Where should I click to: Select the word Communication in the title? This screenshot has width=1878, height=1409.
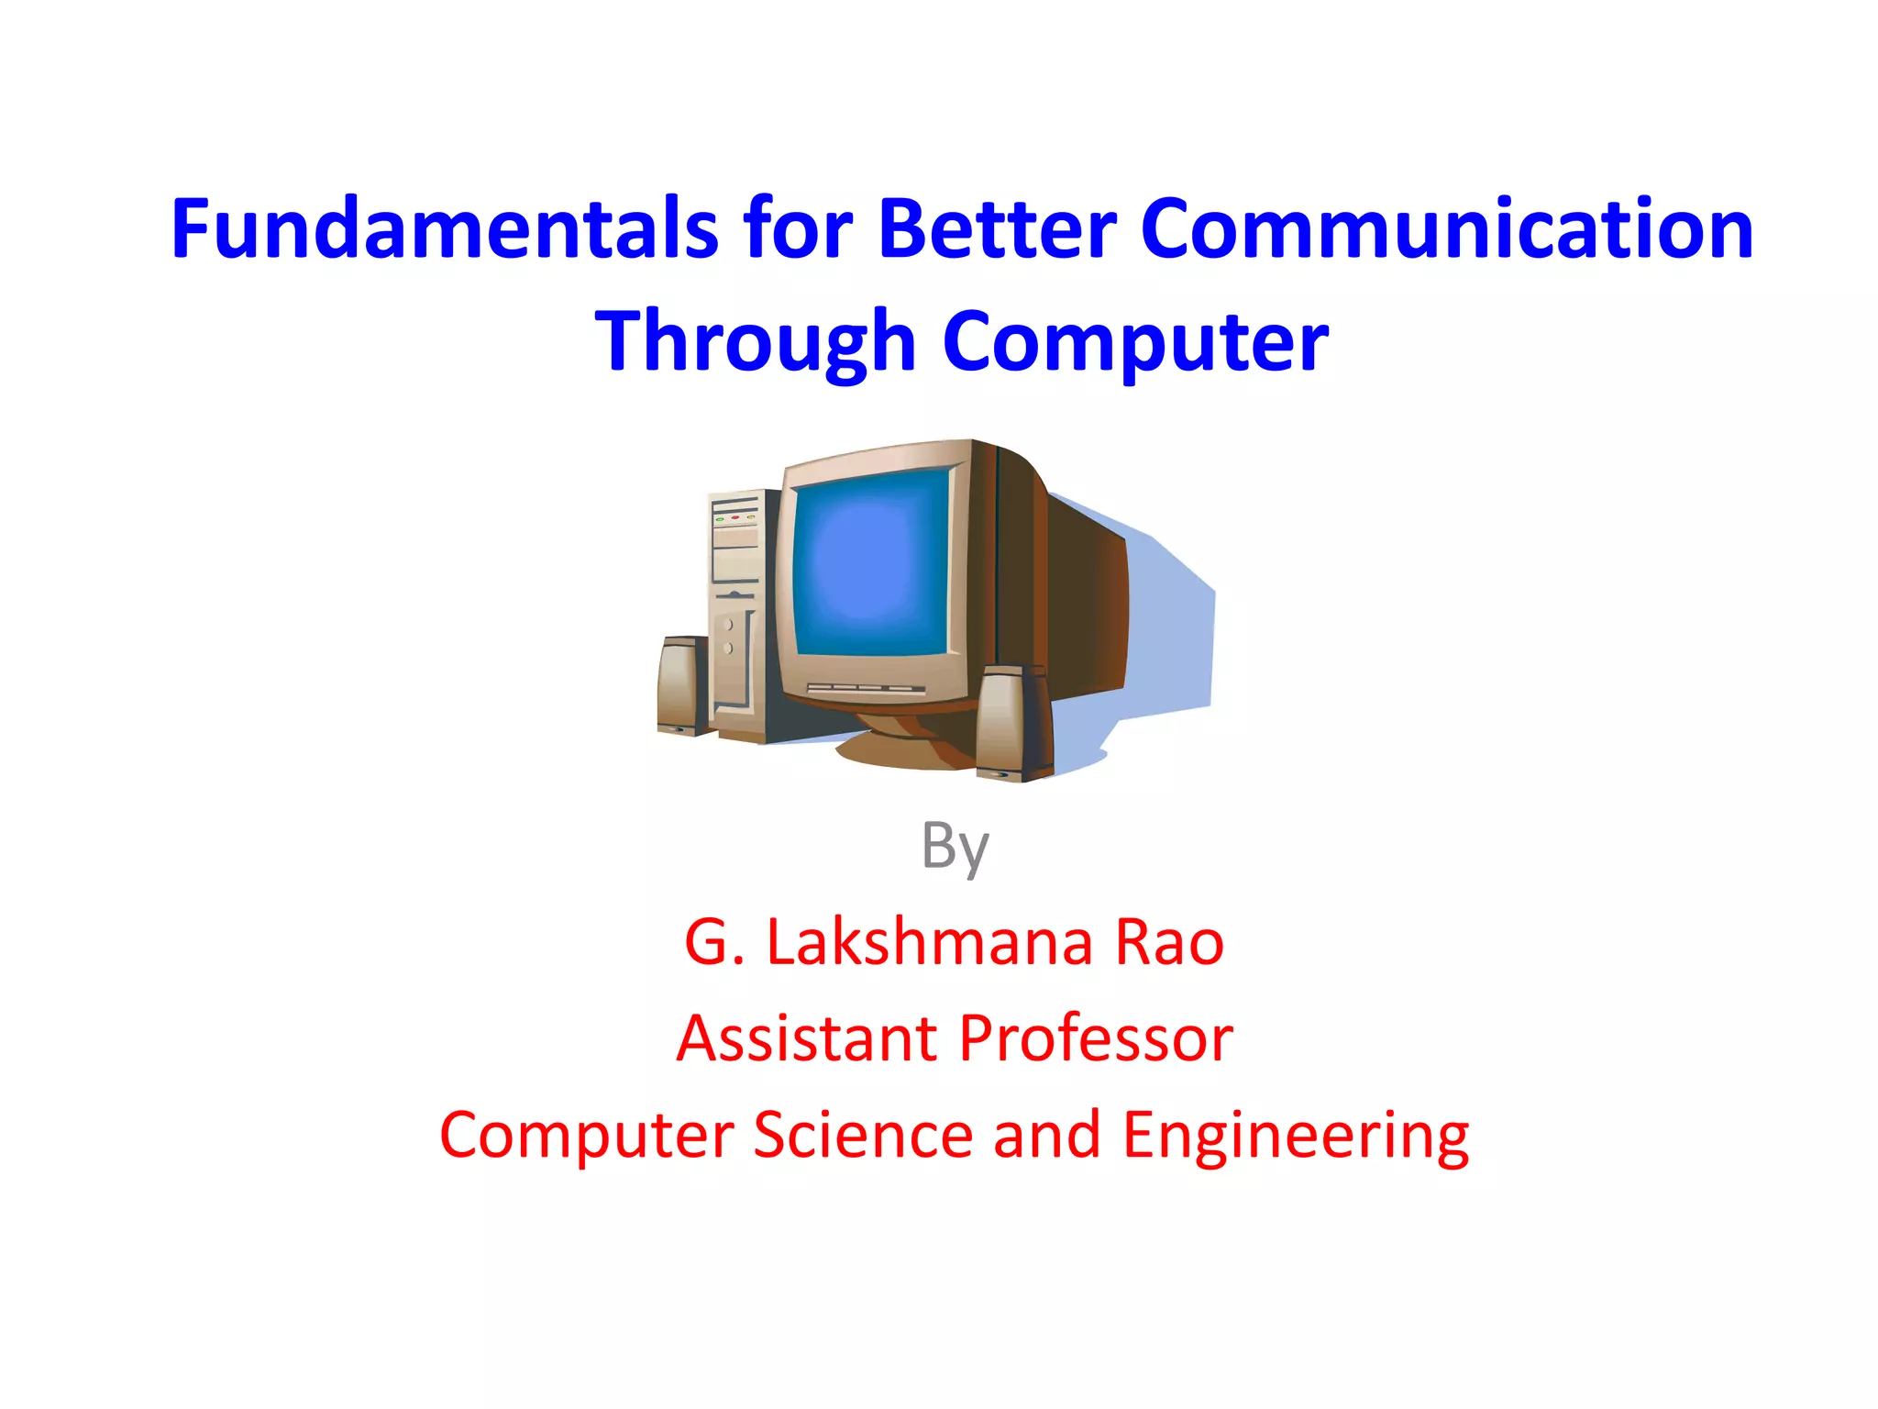(1447, 229)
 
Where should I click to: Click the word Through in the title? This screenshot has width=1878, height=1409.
(755, 342)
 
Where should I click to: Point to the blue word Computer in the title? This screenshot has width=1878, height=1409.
(1135, 342)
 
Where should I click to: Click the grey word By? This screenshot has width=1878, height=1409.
(955, 846)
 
